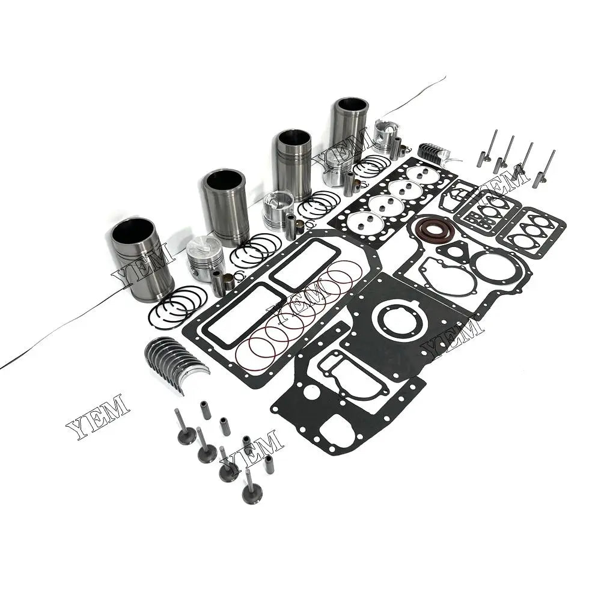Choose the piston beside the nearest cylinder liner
(x=206, y=254)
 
